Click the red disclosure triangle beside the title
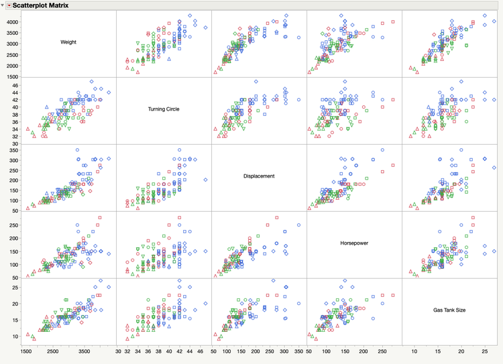point(9,5)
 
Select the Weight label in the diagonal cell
point(68,42)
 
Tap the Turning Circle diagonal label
point(164,109)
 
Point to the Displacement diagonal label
point(259,176)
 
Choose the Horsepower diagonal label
point(353,243)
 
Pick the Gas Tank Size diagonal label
point(449,310)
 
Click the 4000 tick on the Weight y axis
point(13,22)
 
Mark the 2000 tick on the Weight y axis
point(13,66)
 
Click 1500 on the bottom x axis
point(26,350)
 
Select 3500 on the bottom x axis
point(84,350)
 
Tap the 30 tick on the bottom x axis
point(118,350)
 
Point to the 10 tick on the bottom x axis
point(414,350)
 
